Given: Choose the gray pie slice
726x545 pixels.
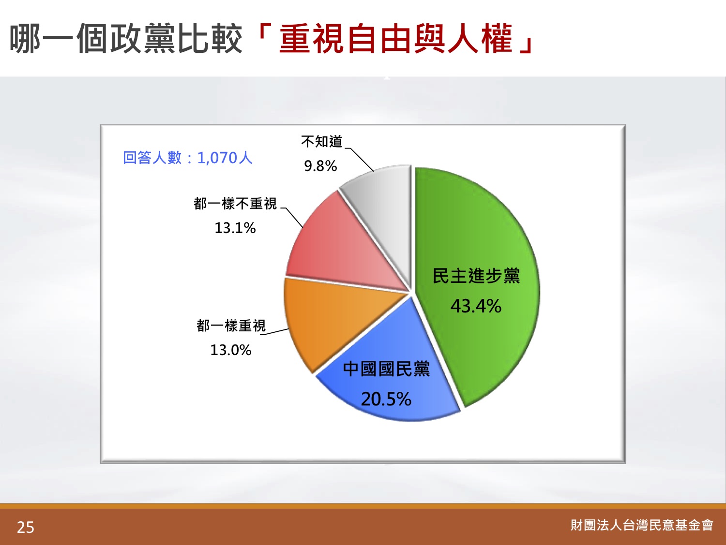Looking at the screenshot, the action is coord(384,212).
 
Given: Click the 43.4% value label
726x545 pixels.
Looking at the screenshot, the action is coord(476,306).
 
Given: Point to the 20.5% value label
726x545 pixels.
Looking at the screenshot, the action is coord(386,399).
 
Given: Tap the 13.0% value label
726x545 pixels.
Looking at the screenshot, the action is coord(231,350).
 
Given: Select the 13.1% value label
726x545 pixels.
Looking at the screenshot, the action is coord(235,228).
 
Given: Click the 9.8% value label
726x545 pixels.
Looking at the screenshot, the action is coord(320,166).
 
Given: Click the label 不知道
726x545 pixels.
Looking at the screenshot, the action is coord(322,141).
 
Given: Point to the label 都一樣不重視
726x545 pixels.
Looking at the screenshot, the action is coord(235,203).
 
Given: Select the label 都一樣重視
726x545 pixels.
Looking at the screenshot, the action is coord(231,326).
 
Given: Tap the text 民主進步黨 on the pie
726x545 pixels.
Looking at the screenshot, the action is coord(476,276).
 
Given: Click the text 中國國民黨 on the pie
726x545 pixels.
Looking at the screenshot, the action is coord(386,369).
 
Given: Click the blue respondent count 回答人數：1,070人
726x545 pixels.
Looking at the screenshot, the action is coord(187,158).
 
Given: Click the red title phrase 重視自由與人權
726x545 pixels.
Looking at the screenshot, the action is coord(396,39).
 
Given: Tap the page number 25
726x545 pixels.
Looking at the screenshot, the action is coord(26,528).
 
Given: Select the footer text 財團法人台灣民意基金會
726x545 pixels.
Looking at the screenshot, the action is coord(642,525).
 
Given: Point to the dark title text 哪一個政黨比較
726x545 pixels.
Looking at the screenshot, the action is coord(126,39).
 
